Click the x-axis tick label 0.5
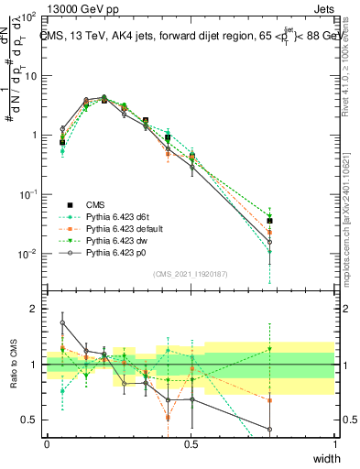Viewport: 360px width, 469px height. point(191,442)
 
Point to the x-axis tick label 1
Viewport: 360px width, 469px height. point(334,442)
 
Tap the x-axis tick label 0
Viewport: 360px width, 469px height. point(48,442)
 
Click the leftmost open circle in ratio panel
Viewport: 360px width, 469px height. point(62,322)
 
